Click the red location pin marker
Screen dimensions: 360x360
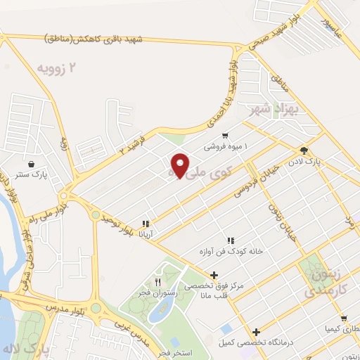pyautogui.click(x=180, y=165)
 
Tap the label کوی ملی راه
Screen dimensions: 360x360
pyautogui.click(x=204, y=172)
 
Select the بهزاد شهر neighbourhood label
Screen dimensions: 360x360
pyautogui.click(x=276, y=110)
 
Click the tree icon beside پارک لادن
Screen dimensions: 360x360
pyautogui.click(x=304, y=150)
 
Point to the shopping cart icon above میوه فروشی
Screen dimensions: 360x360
pyautogui.click(x=224, y=136)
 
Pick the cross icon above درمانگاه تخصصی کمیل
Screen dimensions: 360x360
pyautogui.click(x=256, y=332)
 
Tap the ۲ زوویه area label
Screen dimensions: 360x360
pyautogui.click(x=56, y=67)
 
